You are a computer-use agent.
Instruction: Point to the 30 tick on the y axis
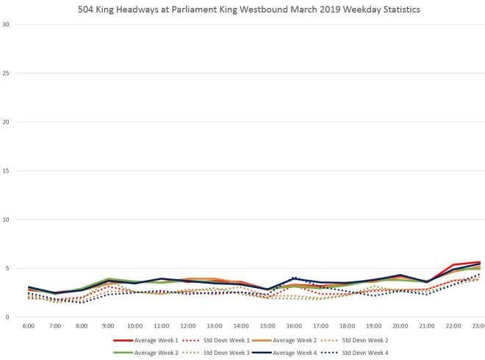[6, 24]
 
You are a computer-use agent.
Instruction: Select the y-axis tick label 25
[6, 73]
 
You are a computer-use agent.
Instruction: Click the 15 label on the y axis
[6, 170]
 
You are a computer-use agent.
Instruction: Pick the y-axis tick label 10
[6, 219]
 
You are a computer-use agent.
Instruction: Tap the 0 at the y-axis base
[7, 317]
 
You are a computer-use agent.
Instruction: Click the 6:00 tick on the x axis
[28, 325]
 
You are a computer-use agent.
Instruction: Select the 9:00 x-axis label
[109, 325]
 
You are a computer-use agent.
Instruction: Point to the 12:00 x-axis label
[188, 325]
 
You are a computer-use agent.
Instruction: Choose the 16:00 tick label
[295, 325]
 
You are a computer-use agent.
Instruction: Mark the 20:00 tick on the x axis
[400, 325]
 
